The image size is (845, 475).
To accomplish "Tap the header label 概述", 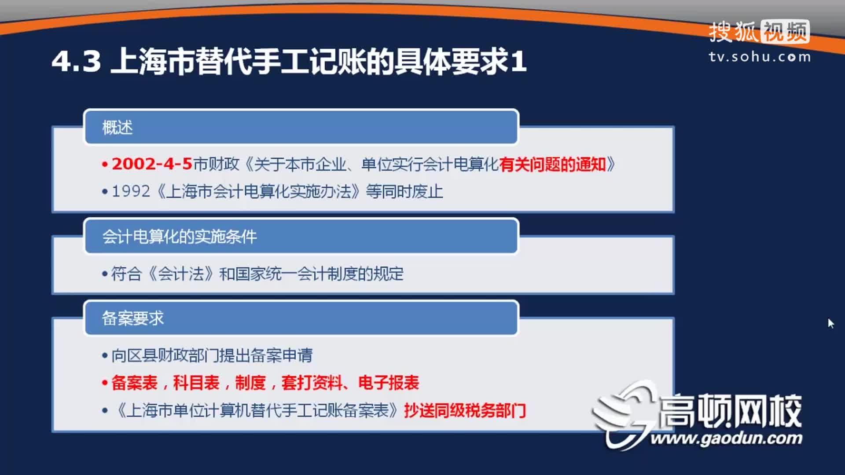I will pyautogui.click(x=117, y=128).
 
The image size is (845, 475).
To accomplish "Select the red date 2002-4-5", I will pyautogui.click(x=151, y=164).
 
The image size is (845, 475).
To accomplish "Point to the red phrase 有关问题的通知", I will pyautogui.click(x=553, y=164).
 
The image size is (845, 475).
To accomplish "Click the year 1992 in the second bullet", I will pyautogui.click(x=131, y=192).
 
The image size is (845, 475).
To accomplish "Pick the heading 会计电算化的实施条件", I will pyautogui.click(x=179, y=237).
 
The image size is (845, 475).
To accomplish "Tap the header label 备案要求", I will pyautogui.click(x=132, y=318).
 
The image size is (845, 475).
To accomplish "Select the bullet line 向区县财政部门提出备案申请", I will pyautogui.click(x=212, y=355).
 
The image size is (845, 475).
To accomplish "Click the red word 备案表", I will pyautogui.click(x=134, y=383).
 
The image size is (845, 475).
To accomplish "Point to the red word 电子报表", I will pyautogui.click(x=389, y=383).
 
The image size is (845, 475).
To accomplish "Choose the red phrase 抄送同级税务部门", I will pyautogui.click(x=465, y=411).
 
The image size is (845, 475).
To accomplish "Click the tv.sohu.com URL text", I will pyautogui.click(x=760, y=57).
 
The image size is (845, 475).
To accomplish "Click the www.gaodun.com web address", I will pyautogui.click(x=726, y=438).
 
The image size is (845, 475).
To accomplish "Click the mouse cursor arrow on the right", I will pyautogui.click(x=830, y=323).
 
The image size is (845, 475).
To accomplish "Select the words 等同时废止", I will pyautogui.click(x=404, y=192).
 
